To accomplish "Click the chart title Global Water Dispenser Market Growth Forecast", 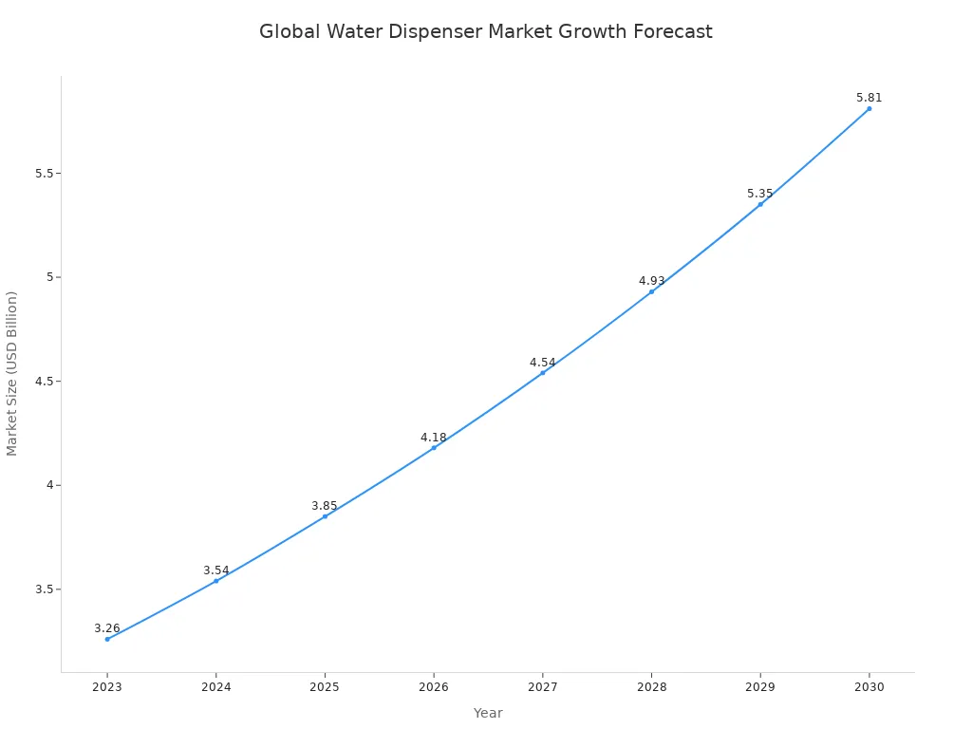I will [485, 31].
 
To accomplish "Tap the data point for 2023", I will [107, 639].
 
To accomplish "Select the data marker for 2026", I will [434, 448].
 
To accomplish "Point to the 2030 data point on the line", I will [869, 108].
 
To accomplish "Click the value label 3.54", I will [216, 570].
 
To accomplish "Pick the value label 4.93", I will [651, 281].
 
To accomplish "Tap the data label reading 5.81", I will [869, 98].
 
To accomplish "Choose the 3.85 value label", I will [325, 506].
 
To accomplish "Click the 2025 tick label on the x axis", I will [325, 687].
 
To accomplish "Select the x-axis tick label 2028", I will [651, 687].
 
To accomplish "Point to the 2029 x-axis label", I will [759, 687].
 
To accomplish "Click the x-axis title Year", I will [488, 713].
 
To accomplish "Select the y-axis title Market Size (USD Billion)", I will [12, 373].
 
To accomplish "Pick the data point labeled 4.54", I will [543, 372].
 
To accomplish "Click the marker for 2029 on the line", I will [760, 204].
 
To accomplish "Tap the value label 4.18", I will [434, 438].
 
